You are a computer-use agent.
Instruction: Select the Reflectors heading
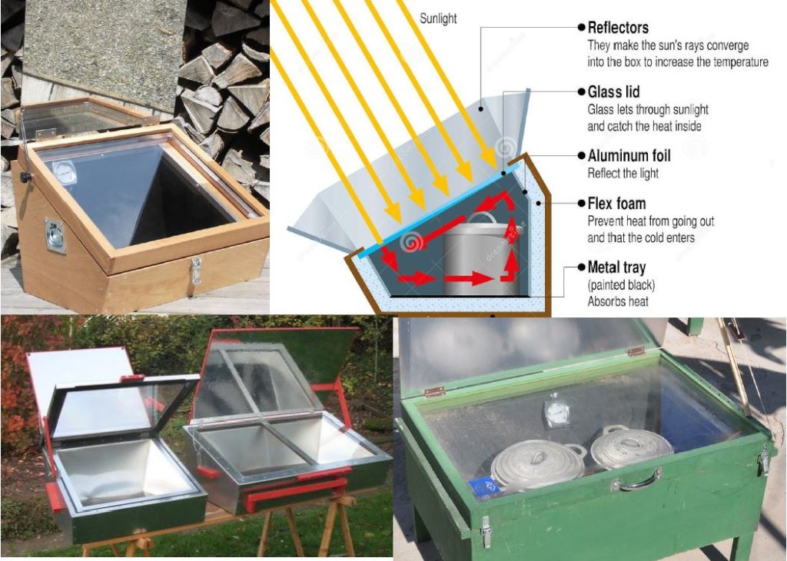[x=618, y=28]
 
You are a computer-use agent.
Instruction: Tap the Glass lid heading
[x=613, y=92]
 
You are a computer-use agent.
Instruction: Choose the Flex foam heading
[x=616, y=204]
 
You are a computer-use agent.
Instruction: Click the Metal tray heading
[x=616, y=268]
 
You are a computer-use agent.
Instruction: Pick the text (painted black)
[x=621, y=285]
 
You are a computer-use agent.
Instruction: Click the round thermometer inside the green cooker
[x=555, y=411]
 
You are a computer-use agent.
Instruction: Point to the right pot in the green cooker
[x=631, y=446]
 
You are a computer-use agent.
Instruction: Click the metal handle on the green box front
[x=636, y=481]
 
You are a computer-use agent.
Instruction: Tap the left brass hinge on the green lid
[x=434, y=392]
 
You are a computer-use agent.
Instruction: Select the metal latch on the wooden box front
[x=196, y=270]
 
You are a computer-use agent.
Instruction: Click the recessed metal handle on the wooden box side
[x=56, y=235]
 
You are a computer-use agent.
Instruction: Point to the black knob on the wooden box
[x=25, y=178]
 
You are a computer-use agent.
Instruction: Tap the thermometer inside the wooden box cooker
[x=65, y=172]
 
